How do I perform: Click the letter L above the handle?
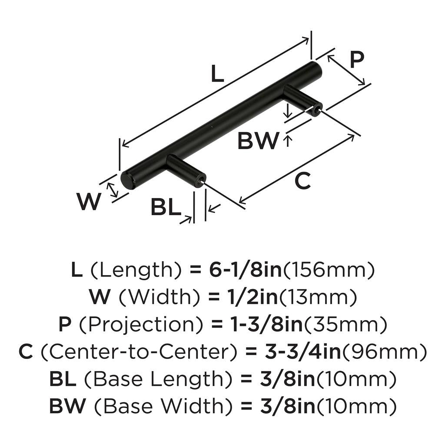click(x=217, y=74)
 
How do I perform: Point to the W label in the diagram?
click(x=89, y=201)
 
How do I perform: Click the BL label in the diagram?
click(x=166, y=207)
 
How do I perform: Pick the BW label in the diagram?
click(x=258, y=141)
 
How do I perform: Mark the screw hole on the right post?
click(x=316, y=110)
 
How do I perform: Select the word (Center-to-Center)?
click(x=135, y=352)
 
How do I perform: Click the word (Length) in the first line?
click(x=136, y=271)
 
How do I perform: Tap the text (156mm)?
click(x=329, y=271)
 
